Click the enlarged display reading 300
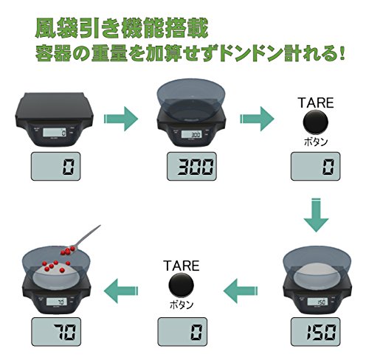pyautogui.click(x=192, y=167)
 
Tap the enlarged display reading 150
pyautogui.click(x=316, y=332)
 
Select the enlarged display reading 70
pyautogui.click(x=56, y=332)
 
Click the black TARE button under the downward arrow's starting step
pyautogui.click(x=315, y=122)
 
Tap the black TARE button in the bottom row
pyautogui.click(x=182, y=285)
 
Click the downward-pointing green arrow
pyautogui.click(x=316, y=215)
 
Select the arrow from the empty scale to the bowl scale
pyautogui.click(x=121, y=119)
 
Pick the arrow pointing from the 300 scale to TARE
pyautogui.click(x=257, y=119)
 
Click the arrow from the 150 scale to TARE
pyautogui.click(x=241, y=291)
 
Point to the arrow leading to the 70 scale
pyautogui.click(x=121, y=291)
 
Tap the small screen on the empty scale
pyautogui.click(x=55, y=133)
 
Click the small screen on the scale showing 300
pyautogui.click(x=192, y=134)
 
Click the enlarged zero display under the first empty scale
pyautogui.click(x=55, y=167)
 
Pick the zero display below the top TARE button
pyautogui.click(x=316, y=167)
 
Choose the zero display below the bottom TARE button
pyautogui.click(x=182, y=332)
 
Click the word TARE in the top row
pyautogui.click(x=316, y=103)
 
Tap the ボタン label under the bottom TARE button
pyautogui.click(x=182, y=305)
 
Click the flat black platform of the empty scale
pyautogui.click(x=55, y=105)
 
